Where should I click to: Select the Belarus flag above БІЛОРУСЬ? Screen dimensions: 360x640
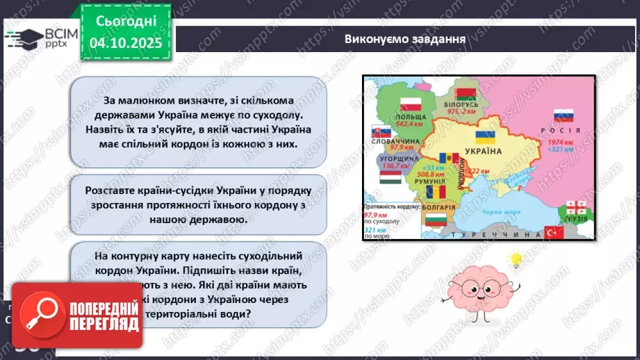pos(464,94)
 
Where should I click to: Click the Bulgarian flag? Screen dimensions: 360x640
pos(434,221)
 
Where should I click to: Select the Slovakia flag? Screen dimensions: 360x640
pos(377,132)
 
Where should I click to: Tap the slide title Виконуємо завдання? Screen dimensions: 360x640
pos(404,39)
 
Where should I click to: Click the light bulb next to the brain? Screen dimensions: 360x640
pos(516,259)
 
